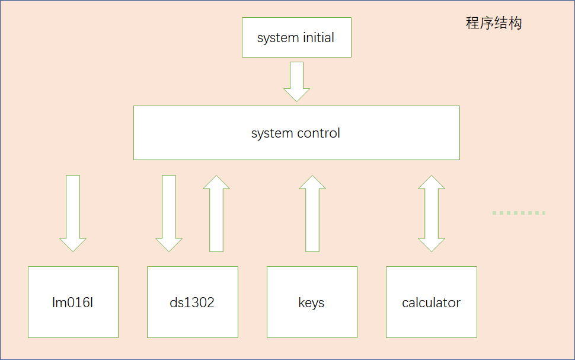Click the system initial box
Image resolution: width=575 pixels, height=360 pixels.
tap(296, 37)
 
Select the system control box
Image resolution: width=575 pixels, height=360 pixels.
tap(296, 133)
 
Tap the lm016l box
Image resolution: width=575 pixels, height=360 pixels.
tap(73, 302)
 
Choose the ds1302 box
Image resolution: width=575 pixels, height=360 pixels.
tap(193, 302)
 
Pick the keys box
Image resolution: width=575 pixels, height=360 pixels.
tap(312, 302)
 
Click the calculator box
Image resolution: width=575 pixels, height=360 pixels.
tap(432, 302)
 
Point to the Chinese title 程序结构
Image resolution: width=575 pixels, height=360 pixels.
tap(494, 23)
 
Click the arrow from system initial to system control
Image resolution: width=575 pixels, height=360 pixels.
tap(296, 81)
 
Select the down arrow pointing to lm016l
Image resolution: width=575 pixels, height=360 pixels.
tap(73, 213)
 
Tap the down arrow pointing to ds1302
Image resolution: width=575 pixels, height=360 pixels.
tap(169, 213)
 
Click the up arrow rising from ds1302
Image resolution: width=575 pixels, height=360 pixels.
tap(216, 213)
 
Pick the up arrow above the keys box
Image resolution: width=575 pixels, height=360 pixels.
tap(312, 213)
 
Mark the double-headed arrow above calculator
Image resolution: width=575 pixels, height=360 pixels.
tap(432, 213)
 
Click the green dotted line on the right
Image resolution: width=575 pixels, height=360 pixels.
tap(519, 213)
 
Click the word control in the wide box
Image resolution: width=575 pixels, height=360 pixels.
tap(318, 133)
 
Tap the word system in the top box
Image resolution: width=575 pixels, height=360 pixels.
tap(278, 38)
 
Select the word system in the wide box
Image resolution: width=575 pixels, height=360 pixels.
tap(272, 133)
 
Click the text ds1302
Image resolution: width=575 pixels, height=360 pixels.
tap(192, 302)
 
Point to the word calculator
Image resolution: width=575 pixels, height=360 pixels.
tap(432, 302)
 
